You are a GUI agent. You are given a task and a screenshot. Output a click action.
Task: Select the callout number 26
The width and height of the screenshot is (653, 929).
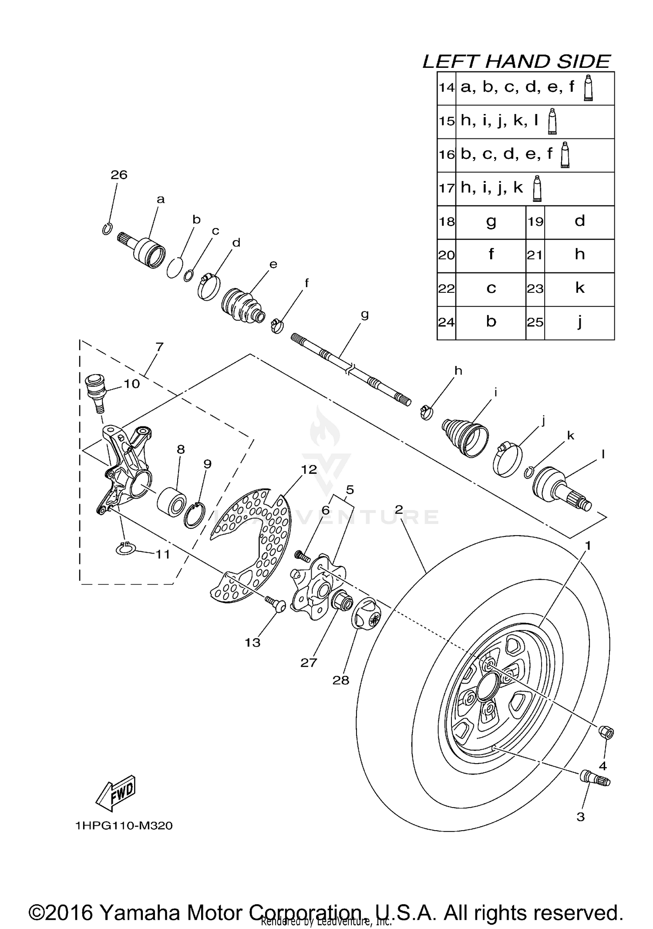pyautogui.click(x=119, y=175)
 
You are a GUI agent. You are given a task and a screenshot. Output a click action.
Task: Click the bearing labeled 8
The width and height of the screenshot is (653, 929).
pyautogui.click(x=172, y=502)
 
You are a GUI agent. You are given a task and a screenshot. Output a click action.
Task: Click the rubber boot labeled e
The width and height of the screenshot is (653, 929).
pyautogui.click(x=242, y=305)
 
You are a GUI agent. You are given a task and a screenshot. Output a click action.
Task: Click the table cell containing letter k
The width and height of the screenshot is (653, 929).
pyautogui.click(x=579, y=288)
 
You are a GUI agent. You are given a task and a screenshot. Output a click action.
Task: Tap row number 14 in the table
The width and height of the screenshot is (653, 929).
pyautogui.click(x=446, y=88)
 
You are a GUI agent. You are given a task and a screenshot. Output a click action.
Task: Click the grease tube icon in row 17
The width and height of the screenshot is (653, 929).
pyautogui.click(x=537, y=188)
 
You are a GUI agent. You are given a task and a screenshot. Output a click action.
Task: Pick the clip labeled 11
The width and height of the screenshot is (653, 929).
pyautogui.click(x=125, y=550)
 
